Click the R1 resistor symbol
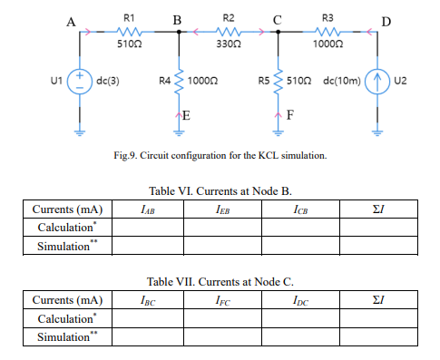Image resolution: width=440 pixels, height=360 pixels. point(129,30)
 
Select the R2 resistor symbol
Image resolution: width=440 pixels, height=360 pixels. point(228,30)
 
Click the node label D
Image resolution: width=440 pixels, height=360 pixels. point(388,20)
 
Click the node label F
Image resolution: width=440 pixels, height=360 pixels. point(288,115)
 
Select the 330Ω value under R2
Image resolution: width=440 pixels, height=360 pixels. point(228,44)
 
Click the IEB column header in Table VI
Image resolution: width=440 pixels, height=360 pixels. point(221,209)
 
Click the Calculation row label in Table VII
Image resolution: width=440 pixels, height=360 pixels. point(65,319)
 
